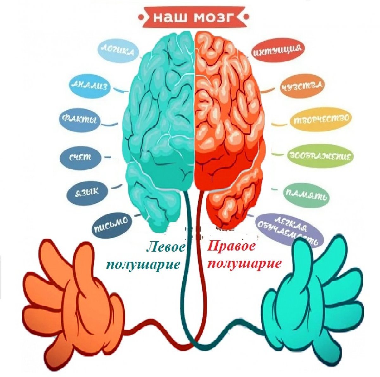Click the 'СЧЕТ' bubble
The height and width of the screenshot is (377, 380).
pyautogui.click(x=80, y=157)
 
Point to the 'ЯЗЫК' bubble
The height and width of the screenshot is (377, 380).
pyautogui.click(x=87, y=191)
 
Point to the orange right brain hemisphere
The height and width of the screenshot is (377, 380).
pyautogui.click(x=228, y=120)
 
